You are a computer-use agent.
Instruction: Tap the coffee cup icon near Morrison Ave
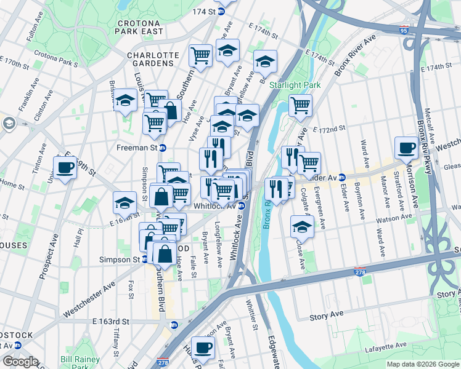pos(406,148)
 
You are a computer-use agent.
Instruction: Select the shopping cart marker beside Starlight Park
pos(300,105)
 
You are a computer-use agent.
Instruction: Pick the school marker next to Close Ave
pos(302,227)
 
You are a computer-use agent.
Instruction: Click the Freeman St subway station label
pos(137,148)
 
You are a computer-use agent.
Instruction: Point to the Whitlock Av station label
pos(215,206)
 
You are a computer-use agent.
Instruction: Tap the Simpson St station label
pos(120,260)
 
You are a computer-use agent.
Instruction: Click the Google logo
pos(20,362)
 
